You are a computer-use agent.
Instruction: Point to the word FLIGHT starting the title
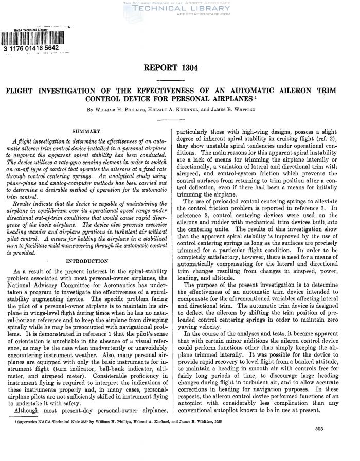[20, 91]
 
